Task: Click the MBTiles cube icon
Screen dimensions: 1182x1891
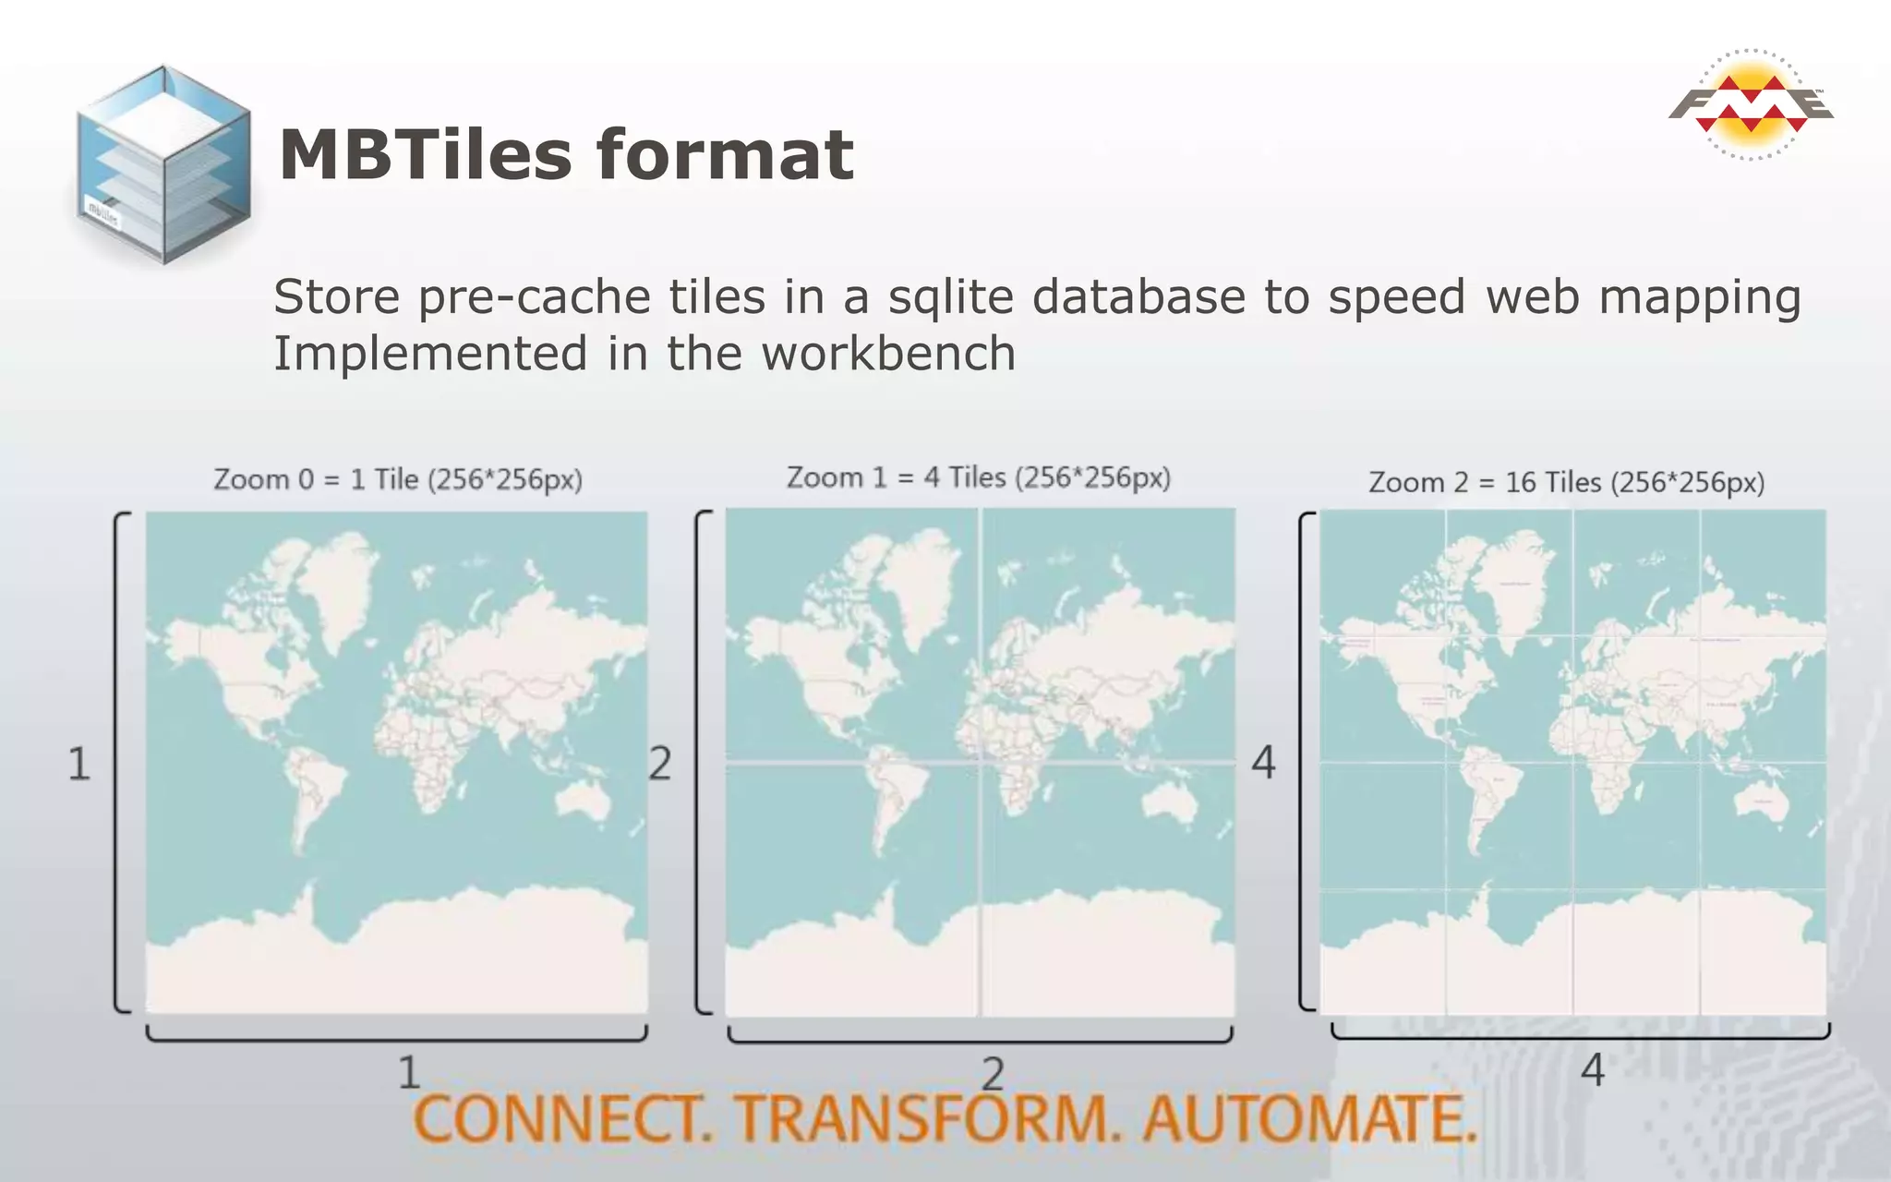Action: pyautogui.click(x=163, y=164)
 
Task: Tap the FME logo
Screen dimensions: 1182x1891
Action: pyautogui.click(x=1751, y=104)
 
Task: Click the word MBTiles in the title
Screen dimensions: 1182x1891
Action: pyautogui.click(x=426, y=154)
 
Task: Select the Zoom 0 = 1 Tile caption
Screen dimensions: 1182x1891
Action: pyautogui.click(x=398, y=480)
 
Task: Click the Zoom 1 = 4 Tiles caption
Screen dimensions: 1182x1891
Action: pyautogui.click(x=978, y=477)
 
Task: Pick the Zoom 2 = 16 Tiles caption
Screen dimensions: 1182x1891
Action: pyautogui.click(x=1566, y=483)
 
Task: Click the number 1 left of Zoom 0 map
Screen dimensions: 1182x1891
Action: pyautogui.click(x=79, y=765)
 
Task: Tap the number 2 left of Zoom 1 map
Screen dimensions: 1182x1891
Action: pyautogui.click(x=659, y=765)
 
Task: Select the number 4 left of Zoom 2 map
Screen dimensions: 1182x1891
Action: pyautogui.click(x=1263, y=763)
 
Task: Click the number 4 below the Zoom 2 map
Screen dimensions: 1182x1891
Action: pyautogui.click(x=1592, y=1070)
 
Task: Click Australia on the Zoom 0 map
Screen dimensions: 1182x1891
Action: pyautogui.click(x=583, y=798)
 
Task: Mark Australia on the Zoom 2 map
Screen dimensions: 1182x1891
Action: pyautogui.click(x=1762, y=800)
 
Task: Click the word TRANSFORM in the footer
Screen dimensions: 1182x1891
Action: pyautogui.click(x=927, y=1119)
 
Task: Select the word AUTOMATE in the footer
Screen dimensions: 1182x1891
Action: pyautogui.click(x=1309, y=1119)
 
